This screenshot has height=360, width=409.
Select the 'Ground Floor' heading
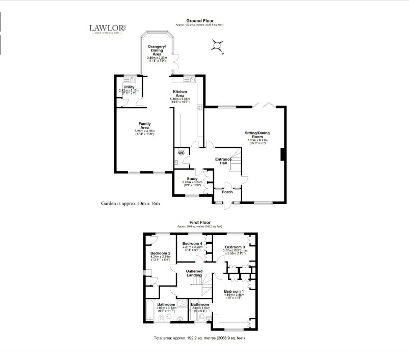pyautogui.click(x=199, y=21)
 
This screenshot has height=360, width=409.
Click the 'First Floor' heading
pyautogui.click(x=200, y=223)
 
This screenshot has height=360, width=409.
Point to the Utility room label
pyautogui.click(x=129, y=87)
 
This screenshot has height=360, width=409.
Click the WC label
pyautogui.click(x=181, y=152)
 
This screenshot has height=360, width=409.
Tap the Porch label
pyautogui.click(x=227, y=192)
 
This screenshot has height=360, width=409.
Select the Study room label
pyautogui.click(x=192, y=178)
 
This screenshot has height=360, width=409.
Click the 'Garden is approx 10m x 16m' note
pyautogui.click(x=131, y=203)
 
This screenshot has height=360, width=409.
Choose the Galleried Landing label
pyautogui.click(x=194, y=273)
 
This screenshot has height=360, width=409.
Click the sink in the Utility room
pyautogui.click(x=132, y=79)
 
